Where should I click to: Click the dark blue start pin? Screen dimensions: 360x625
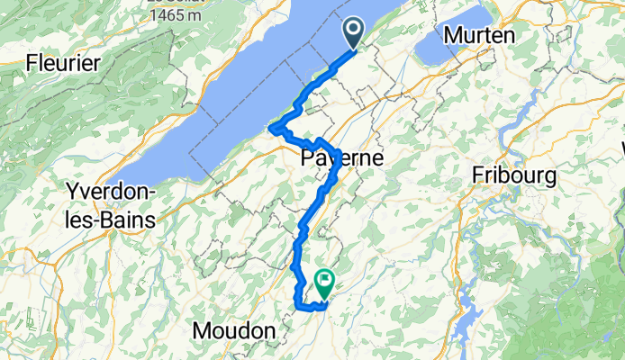(x=352, y=33)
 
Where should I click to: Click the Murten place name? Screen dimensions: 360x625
(x=478, y=35)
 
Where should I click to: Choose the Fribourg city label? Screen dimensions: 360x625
(x=514, y=175)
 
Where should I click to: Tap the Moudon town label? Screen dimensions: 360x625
(x=234, y=331)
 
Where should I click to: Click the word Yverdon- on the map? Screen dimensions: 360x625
(x=111, y=193)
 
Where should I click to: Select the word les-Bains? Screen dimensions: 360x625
(x=111, y=219)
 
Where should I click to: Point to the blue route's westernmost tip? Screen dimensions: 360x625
(x=270, y=134)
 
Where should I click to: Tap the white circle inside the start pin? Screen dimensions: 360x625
(x=352, y=30)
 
